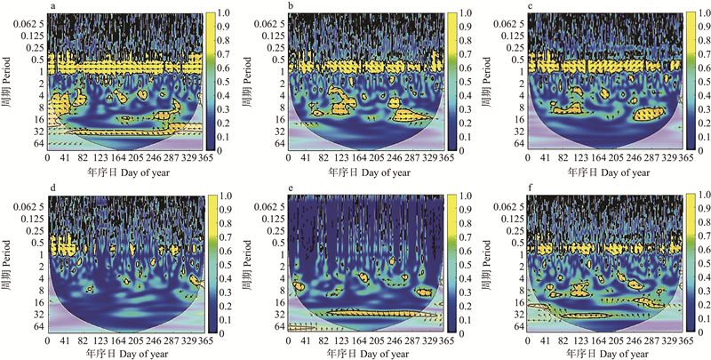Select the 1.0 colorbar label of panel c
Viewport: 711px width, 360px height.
(702, 13)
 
